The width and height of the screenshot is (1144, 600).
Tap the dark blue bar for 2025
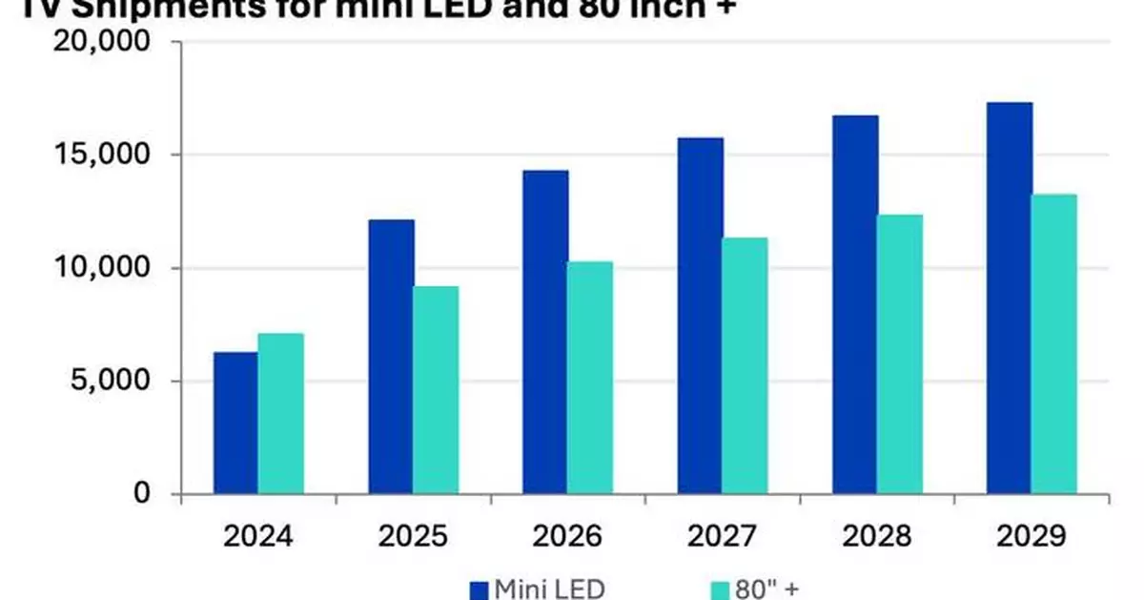[x=391, y=357]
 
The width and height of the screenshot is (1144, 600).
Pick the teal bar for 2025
[x=436, y=390]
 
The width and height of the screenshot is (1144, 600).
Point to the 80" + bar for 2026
[x=590, y=378]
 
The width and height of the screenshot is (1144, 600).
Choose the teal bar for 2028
[x=899, y=354]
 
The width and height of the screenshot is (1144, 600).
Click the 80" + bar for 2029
[x=1053, y=344]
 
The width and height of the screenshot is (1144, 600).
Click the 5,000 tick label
[x=116, y=381]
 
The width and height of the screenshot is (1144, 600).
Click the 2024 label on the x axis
[x=258, y=538]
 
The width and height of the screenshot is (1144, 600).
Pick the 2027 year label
[x=722, y=538]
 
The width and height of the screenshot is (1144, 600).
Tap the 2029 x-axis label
[x=1031, y=538]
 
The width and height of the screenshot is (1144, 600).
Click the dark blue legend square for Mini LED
[x=478, y=589]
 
